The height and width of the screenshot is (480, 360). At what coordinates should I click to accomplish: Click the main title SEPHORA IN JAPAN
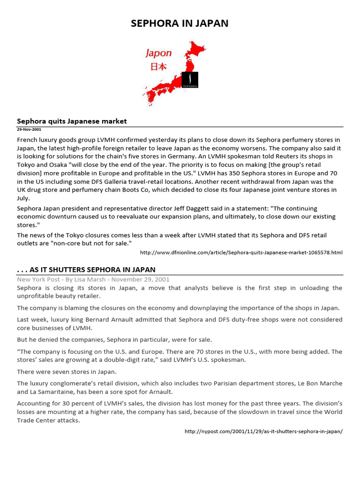click(x=180, y=23)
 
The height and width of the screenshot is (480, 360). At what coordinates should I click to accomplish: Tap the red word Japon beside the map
click(x=158, y=53)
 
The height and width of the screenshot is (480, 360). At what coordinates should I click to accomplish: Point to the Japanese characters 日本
click(x=158, y=67)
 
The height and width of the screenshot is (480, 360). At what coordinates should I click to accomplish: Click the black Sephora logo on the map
click(x=190, y=80)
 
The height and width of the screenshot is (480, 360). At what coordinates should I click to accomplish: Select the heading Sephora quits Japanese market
click(x=72, y=121)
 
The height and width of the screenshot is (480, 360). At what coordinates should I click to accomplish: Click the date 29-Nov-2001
click(x=29, y=129)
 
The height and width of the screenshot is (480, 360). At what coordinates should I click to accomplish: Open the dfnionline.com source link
click(x=241, y=253)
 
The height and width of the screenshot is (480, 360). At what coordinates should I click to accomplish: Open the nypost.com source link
click(x=263, y=431)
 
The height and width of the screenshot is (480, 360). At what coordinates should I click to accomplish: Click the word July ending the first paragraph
click(x=23, y=198)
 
